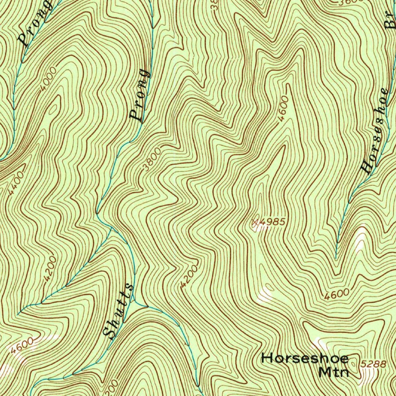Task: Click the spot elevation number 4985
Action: coord(273,222)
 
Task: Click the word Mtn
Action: coord(334,372)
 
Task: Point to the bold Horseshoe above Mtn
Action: coord(305,358)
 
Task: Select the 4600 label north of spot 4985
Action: coord(283,109)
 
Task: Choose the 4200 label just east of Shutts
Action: coord(189,276)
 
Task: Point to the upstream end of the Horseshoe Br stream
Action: coord(336,258)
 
